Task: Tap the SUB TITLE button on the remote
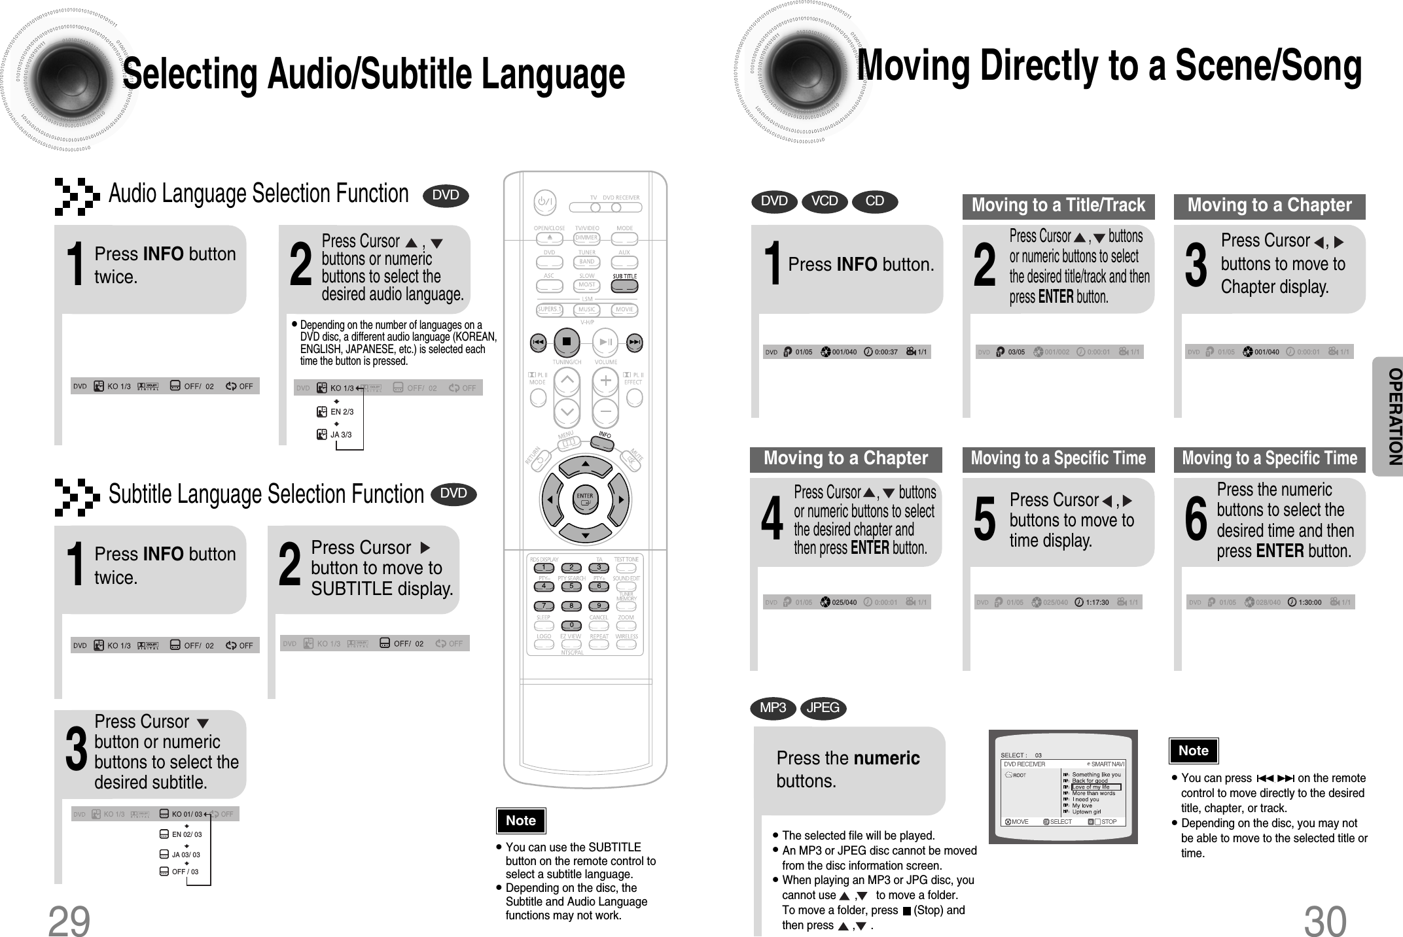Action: [624, 286]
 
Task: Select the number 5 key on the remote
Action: [571, 587]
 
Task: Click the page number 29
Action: [69, 921]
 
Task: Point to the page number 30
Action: [1325, 921]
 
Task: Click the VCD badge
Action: [824, 201]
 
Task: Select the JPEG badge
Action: [823, 707]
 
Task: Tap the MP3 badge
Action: [773, 707]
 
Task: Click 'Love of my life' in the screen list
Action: [1092, 787]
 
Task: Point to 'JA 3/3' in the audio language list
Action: [340, 435]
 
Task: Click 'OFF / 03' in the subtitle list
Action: [185, 872]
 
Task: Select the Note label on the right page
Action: [1193, 751]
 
